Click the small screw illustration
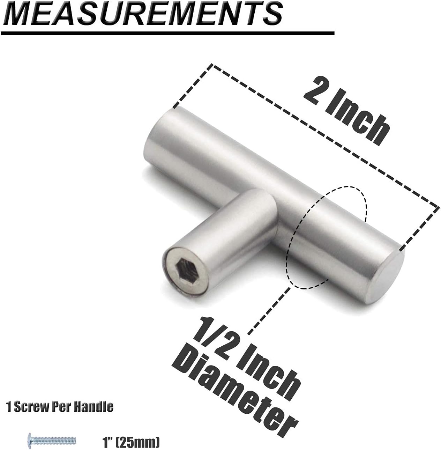(x=52, y=441)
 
